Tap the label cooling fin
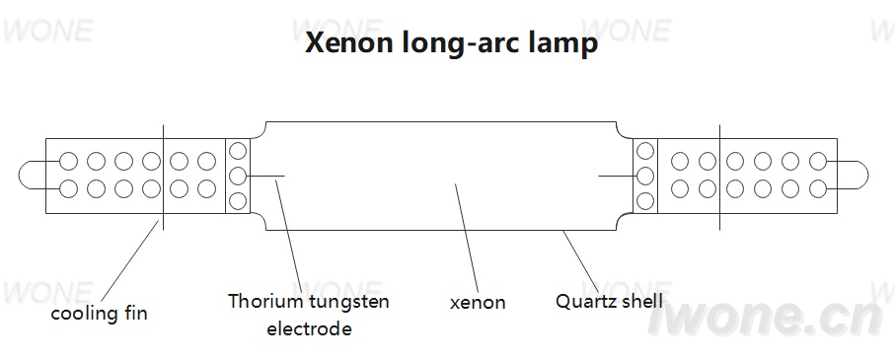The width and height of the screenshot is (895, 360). tap(99, 313)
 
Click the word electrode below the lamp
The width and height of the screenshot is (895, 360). tap(309, 328)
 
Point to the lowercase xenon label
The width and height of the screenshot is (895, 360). tap(478, 303)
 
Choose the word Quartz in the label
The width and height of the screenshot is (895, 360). tap(583, 301)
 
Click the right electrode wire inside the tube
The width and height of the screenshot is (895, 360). tap(617, 176)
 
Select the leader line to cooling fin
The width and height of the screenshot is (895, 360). tap(130, 260)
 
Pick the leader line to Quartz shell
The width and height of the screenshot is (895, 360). tap(581, 262)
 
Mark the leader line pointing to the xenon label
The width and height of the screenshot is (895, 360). tap(467, 238)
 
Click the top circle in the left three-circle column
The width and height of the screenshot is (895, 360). tap(238, 151)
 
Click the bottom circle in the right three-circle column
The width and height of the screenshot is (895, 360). tap(645, 201)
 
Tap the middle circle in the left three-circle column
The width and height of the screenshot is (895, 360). tap(238, 176)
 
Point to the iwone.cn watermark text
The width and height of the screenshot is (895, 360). tap(765, 318)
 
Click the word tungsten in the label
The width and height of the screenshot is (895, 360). tap(349, 302)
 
